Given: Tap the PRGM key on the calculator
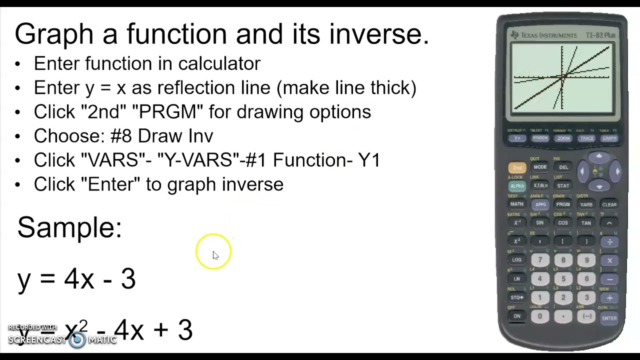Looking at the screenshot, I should click(563, 204).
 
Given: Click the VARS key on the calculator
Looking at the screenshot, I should click(586, 204).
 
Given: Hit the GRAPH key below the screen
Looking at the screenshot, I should click(609, 138).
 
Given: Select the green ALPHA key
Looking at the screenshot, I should click(517, 186).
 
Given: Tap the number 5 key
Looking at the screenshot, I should click(563, 279).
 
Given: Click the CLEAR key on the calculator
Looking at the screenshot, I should click(609, 204).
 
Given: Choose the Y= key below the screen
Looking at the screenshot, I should click(517, 138).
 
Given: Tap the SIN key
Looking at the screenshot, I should click(540, 223).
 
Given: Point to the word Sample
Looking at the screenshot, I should click(69, 227).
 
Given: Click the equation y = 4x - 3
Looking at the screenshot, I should click(76, 278).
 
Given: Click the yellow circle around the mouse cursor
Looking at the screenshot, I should click(214, 251).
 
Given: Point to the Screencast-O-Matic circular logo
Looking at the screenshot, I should click(77, 340).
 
